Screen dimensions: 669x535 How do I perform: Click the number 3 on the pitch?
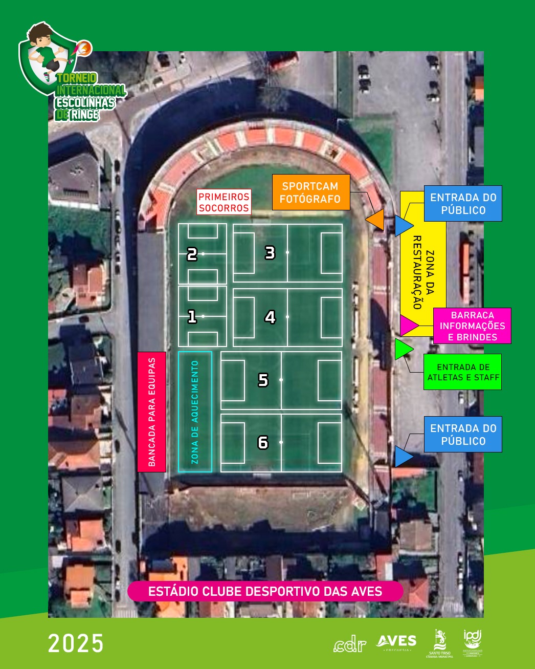pyautogui.click(x=270, y=252)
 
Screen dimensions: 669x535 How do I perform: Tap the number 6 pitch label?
pyautogui.click(x=263, y=442)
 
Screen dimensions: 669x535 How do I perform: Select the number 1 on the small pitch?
pyautogui.click(x=192, y=317)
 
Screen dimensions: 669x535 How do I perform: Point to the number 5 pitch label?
pyautogui.click(x=263, y=380)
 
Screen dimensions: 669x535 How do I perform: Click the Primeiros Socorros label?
pyautogui.click(x=224, y=202)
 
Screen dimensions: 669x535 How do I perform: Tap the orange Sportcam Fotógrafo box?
pyautogui.click(x=310, y=192)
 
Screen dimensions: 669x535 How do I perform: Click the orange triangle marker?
pyautogui.click(x=376, y=220)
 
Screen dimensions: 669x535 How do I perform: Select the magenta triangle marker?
pyautogui.click(x=408, y=325)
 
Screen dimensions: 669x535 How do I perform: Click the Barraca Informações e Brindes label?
pyautogui.click(x=472, y=326)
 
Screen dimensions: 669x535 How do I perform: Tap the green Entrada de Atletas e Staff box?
pyautogui.click(x=462, y=372)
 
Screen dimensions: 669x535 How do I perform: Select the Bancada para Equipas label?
pyautogui.click(x=152, y=412)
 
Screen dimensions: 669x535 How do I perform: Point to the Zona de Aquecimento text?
pyautogui.click(x=194, y=412)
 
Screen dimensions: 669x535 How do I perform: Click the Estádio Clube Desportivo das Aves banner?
pyautogui.click(x=265, y=591)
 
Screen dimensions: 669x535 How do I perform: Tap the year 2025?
pyautogui.click(x=76, y=643)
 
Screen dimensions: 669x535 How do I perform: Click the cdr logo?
pyautogui.click(x=350, y=645)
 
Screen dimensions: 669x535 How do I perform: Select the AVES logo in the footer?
pyautogui.click(x=396, y=642)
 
